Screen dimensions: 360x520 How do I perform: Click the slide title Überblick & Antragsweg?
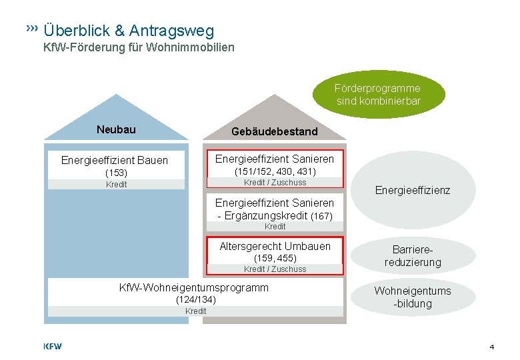click(x=129, y=31)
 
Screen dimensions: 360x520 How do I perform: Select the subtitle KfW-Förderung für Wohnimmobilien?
click(x=139, y=48)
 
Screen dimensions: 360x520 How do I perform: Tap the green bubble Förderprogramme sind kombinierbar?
click(x=378, y=95)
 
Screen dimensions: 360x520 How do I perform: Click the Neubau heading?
click(x=116, y=129)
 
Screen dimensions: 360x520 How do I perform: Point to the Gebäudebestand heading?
click(x=275, y=131)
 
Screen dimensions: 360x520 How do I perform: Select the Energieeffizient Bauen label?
click(x=115, y=160)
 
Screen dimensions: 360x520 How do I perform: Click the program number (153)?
click(x=116, y=173)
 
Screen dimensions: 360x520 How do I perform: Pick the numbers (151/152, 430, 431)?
click(x=275, y=171)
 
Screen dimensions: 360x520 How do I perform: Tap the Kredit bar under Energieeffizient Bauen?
click(x=116, y=185)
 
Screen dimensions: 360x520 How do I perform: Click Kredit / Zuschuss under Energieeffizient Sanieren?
click(x=275, y=183)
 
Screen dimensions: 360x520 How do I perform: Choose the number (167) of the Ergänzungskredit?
click(x=321, y=216)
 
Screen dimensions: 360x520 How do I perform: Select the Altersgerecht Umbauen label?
click(x=275, y=246)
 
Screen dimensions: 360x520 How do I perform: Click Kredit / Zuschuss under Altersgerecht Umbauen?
click(x=275, y=269)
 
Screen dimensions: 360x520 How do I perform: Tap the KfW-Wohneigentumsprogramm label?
click(x=193, y=287)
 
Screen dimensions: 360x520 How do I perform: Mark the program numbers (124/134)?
click(x=196, y=300)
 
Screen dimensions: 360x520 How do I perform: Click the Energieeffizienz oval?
click(x=413, y=191)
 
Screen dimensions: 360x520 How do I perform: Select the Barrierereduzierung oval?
click(x=413, y=256)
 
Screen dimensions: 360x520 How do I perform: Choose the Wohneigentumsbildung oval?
click(x=413, y=297)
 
